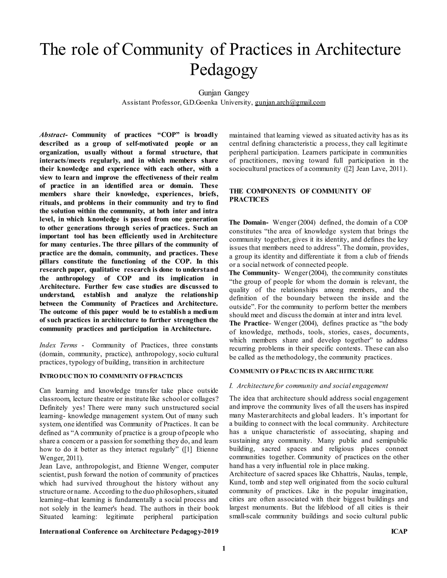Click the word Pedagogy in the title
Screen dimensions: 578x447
223,70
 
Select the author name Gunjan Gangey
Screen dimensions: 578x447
223,93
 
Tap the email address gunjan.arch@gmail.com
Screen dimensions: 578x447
290,103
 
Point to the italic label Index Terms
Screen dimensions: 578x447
58,345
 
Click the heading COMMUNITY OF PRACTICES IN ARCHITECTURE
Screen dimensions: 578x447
301,371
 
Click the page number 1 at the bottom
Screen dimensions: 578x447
223,548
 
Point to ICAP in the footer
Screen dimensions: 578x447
399,531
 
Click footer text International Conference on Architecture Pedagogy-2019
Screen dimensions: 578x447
129,531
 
